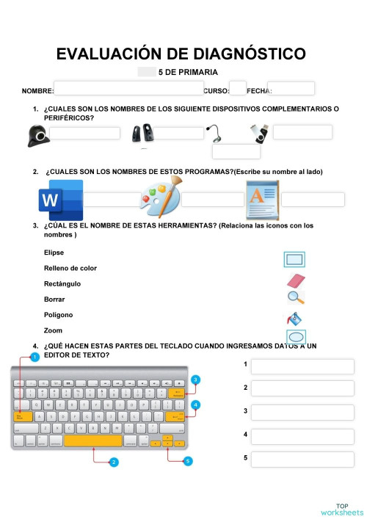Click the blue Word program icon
point(60,199)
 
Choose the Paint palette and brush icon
point(159,199)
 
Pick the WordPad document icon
point(262,199)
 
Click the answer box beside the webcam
point(84,133)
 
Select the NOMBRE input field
point(128,88)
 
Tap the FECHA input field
point(291,88)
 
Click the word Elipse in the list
point(54,253)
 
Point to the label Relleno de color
point(70,268)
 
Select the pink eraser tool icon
point(294,280)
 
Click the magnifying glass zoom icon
point(294,297)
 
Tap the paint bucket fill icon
point(294,319)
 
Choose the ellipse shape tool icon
point(294,337)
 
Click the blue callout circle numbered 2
point(114,462)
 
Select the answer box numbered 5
point(302,460)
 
